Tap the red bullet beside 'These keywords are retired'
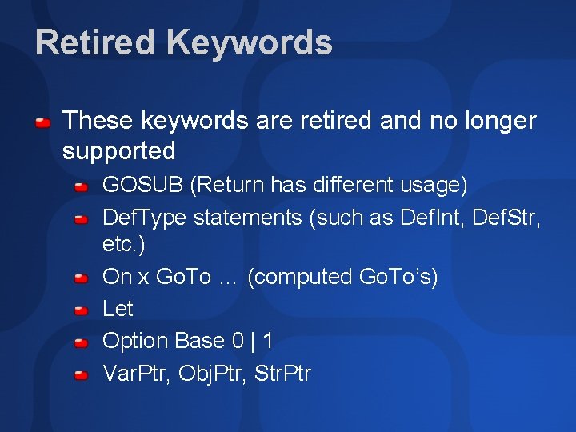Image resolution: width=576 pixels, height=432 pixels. click(44, 122)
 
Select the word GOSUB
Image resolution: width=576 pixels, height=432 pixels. click(143, 185)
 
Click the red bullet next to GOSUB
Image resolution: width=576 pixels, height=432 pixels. click(81, 187)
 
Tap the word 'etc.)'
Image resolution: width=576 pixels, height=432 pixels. click(124, 244)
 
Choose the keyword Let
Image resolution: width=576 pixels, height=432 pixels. click(118, 308)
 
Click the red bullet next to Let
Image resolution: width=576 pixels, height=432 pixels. click(81, 310)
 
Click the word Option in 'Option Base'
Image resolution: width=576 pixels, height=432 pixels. click(135, 341)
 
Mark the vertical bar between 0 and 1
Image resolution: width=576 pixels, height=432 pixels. click(253, 341)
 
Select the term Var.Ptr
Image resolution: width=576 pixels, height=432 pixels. click(137, 373)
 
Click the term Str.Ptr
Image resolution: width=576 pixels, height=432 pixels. click(282, 373)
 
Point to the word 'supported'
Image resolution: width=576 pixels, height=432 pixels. click(118, 150)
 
